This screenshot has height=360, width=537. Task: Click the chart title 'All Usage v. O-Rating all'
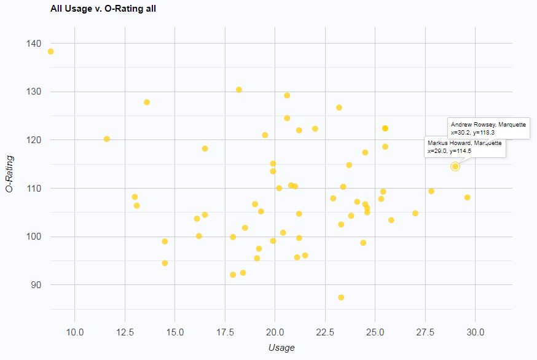[x=103, y=9]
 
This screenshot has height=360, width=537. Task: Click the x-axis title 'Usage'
[x=281, y=348]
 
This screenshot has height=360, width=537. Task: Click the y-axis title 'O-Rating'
[x=10, y=174]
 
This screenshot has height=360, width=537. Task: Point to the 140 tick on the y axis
[x=34, y=44]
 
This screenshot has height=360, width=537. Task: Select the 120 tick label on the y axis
[x=34, y=140]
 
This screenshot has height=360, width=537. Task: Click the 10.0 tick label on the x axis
[x=74, y=332]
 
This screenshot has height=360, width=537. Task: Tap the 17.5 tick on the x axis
[x=225, y=332]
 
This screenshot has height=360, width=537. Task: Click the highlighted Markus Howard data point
[x=455, y=166]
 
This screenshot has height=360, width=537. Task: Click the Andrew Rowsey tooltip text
[x=488, y=128]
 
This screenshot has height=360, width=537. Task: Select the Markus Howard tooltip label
[x=464, y=147]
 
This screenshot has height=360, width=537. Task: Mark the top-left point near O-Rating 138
[x=50, y=52]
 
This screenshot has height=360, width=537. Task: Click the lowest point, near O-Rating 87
[x=341, y=297]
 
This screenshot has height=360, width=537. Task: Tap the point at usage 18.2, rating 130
[x=239, y=90]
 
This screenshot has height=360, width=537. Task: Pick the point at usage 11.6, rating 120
[x=107, y=139]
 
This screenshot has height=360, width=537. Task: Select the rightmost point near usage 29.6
[x=468, y=197]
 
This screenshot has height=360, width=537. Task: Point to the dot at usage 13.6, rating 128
[x=147, y=103]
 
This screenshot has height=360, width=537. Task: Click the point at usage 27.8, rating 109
[x=431, y=191]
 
